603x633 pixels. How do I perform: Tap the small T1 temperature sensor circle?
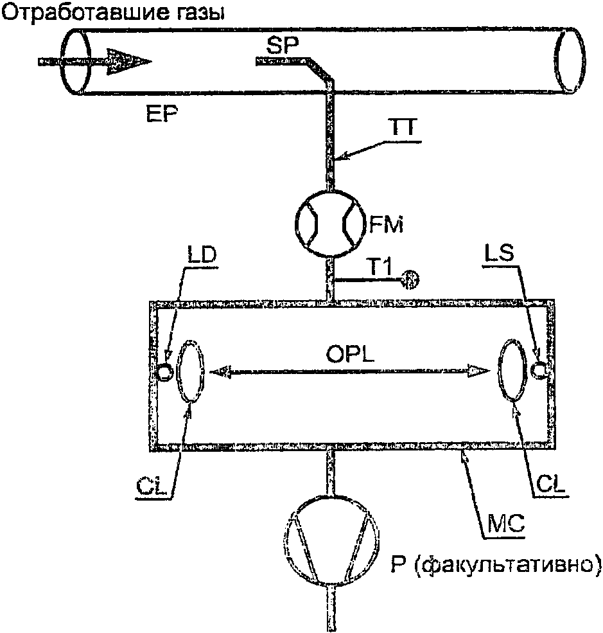(410, 280)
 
